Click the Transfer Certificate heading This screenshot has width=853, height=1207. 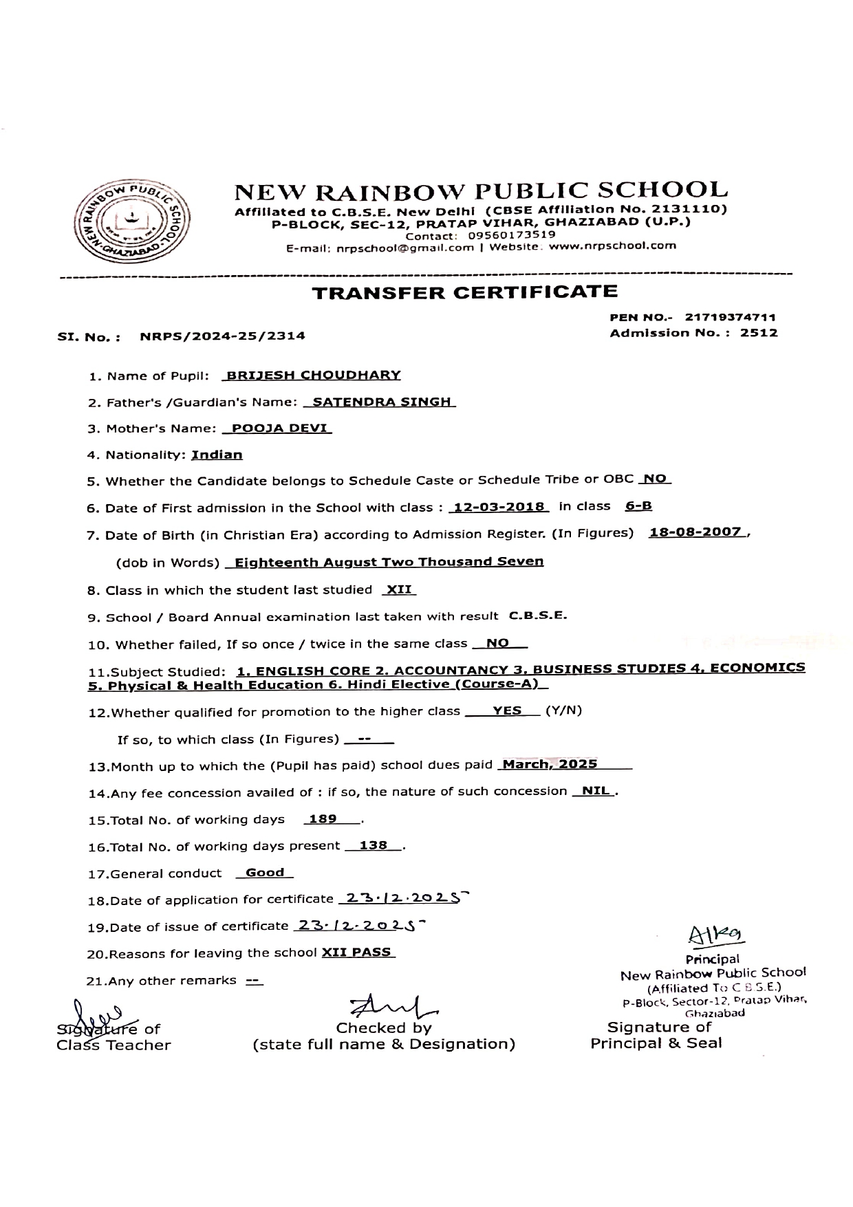tap(465, 292)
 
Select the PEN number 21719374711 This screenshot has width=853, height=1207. tap(731, 318)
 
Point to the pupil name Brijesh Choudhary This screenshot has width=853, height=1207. tap(314, 376)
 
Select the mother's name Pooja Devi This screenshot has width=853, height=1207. tap(279, 428)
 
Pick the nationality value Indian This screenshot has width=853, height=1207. tap(217, 455)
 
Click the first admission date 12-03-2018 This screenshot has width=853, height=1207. tap(498, 508)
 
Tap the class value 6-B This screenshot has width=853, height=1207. tap(638, 506)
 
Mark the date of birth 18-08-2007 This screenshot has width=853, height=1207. tap(695, 532)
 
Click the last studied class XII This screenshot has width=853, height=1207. tap(398, 589)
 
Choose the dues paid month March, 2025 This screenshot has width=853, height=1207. tap(550, 764)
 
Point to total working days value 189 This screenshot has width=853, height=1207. tap(323, 819)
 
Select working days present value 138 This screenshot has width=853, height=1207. tap(374, 846)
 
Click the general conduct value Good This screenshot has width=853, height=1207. tap(265, 873)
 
